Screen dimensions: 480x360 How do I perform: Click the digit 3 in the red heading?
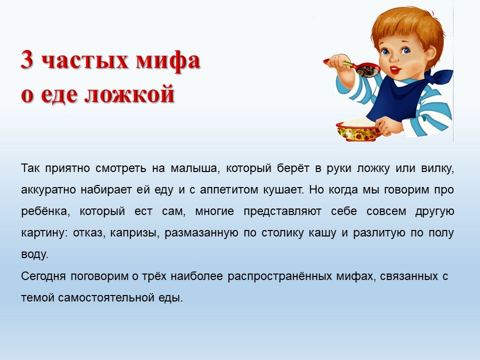tap(27, 59)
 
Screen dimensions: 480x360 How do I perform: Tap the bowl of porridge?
tap(358, 130)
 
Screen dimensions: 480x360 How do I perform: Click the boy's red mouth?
tap(396, 70)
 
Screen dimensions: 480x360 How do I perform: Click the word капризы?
tap(135, 233)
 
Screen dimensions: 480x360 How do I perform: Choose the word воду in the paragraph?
tap(35, 254)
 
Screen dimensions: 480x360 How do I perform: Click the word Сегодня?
tap(43, 276)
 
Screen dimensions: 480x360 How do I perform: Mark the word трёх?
tap(154, 276)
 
